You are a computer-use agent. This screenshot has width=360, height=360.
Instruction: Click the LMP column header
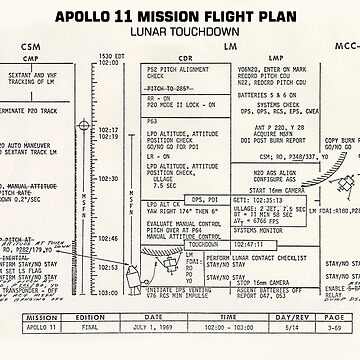268,59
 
